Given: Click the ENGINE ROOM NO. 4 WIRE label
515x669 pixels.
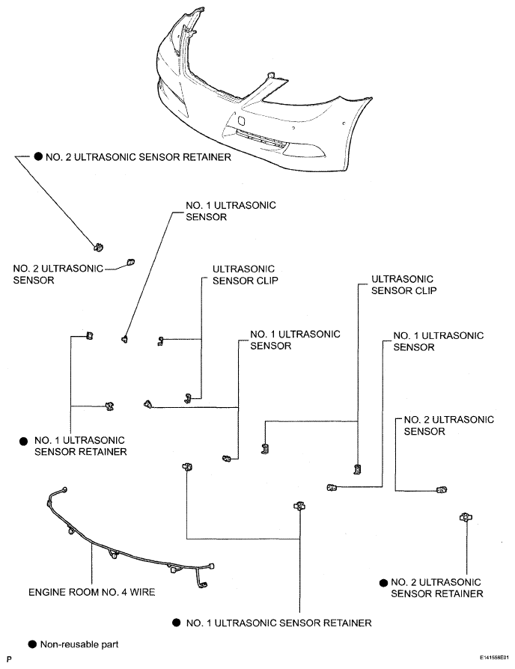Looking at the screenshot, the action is pos(92,592).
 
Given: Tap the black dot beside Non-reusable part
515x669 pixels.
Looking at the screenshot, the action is pos(32,644).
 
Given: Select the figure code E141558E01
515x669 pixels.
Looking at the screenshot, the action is pos(493,658).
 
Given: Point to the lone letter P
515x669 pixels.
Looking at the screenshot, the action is pos(10,659).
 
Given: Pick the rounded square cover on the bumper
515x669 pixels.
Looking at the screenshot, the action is pos(241,120).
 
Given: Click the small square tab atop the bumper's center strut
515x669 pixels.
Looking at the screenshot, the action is pos(270,75).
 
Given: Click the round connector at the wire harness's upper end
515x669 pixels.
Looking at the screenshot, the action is pos(64,489).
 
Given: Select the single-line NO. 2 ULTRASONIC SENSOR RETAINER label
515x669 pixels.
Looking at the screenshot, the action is pos(138,157).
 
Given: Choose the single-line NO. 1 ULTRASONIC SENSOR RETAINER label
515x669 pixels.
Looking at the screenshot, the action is pos(278,623).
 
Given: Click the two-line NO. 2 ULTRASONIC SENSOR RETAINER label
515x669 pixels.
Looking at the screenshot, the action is pos(437,588).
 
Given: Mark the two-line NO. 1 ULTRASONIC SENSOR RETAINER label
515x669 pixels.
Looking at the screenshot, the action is pos(80,446).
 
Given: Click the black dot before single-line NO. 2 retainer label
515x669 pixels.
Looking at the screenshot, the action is pos(38,156).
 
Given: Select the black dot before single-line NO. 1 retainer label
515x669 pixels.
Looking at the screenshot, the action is pos(177,623).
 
